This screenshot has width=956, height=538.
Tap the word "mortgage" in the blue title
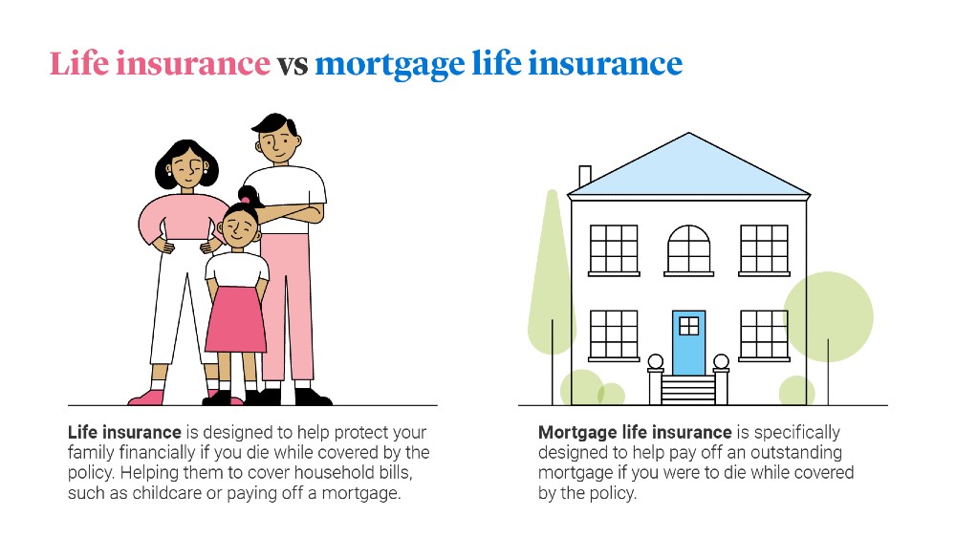click(x=390, y=66)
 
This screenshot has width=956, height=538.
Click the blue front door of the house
click(x=689, y=343)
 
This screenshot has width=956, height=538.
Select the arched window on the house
click(x=689, y=249)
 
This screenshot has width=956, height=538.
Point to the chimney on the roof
click(x=585, y=176)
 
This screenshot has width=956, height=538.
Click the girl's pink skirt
click(x=236, y=319)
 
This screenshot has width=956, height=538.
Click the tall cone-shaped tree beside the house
click(x=551, y=273)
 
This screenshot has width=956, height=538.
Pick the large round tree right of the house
click(x=828, y=317)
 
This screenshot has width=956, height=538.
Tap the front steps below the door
click(x=688, y=390)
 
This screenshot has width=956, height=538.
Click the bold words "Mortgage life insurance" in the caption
click(x=635, y=433)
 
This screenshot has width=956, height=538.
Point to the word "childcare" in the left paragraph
click(x=166, y=493)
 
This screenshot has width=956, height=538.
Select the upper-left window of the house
click(x=614, y=249)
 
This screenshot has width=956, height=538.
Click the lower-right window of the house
click(x=764, y=335)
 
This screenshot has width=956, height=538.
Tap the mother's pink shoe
click(x=146, y=398)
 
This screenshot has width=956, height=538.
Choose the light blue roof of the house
click(x=689, y=167)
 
